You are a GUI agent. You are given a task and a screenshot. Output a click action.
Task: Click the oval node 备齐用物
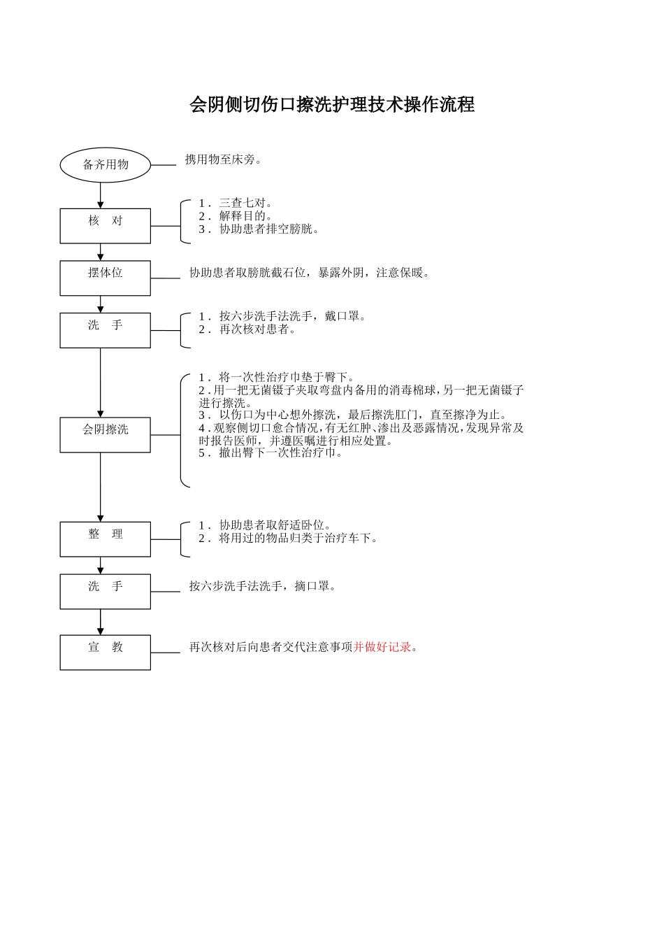pyautogui.click(x=106, y=165)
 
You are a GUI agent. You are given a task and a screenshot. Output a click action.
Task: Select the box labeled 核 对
pyautogui.click(x=105, y=226)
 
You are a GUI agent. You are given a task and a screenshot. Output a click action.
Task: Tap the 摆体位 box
pyautogui.click(x=105, y=278)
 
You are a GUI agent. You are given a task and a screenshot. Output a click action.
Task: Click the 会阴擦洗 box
pyautogui.click(x=105, y=434)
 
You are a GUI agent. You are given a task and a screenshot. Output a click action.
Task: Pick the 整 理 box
pyautogui.click(x=105, y=539)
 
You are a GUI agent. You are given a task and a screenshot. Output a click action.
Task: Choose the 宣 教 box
pyautogui.click(x=105, y=652)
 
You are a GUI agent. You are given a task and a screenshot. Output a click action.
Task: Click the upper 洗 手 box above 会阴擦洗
pyautogui.click(x=105, y=330)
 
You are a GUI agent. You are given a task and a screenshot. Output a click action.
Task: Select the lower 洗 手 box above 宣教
pyautogui.click(x=105, y=591)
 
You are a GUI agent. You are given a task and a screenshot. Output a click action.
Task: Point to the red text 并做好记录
pyautogui.click(x=382, y=647)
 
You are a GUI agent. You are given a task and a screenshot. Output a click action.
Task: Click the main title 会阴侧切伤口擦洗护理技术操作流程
pyautogui.click(x=332, y=105)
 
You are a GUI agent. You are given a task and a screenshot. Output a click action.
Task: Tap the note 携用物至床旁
pyautogui.click(x=223, y=159)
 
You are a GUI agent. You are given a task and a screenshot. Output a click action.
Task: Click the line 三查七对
pyautogui.click(x=236, y=204)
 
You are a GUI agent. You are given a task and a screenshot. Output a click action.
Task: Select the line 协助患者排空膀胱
pyautogui.click(x=259, y=229)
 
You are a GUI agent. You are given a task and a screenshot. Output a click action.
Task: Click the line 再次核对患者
pyautogui.click(x=248, y=329)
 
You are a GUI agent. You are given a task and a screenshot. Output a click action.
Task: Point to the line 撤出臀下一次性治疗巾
pyautogui.click(x=271, y=453)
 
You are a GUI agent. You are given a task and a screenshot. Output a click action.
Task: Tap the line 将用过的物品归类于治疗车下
pyautogui.click(x=289, y=538)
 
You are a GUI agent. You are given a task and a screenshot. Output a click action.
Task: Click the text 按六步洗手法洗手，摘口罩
pyautogui.click(x=263, y=586)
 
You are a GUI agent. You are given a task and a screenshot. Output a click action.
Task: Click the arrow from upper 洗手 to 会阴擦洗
pyautogui.click(x=100, y=382)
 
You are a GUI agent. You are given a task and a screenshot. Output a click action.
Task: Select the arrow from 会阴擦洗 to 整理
pyautogui.click(x=100, y=486)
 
